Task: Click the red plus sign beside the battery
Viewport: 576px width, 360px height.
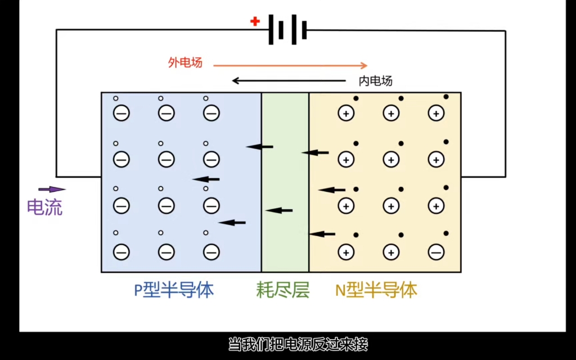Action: pos(255,21)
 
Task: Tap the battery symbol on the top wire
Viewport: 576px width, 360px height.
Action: pos(287,30)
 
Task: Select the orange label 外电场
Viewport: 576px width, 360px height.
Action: pos(185,62)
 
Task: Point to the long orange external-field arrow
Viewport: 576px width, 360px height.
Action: pos(290,65)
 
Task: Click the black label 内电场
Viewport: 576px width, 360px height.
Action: pos(375,81)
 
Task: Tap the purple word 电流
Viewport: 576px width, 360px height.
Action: pos(45,208)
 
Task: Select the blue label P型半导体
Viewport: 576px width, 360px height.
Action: pos(174,290)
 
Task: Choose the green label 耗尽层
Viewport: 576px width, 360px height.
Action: pos(283,290)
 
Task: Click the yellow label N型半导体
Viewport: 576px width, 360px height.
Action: pos(376,290)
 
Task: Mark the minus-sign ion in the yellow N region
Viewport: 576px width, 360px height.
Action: pos(436,252)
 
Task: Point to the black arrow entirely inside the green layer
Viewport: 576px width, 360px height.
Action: pos(279,210)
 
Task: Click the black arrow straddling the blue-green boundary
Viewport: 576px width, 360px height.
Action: pos(259,147)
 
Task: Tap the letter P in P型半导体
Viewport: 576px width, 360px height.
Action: pos(138,291)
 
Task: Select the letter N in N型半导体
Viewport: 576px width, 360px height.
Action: pos(340,291)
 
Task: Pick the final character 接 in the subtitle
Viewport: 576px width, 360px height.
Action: pos(361,344)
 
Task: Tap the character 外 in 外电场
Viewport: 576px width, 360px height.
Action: pos(173,62)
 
